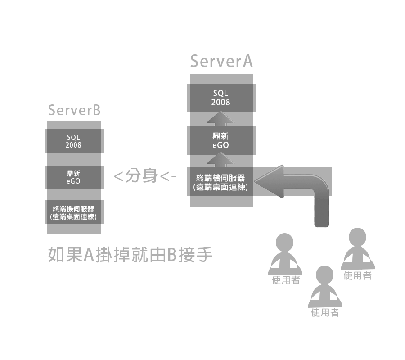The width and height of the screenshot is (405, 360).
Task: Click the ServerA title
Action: point(221,61)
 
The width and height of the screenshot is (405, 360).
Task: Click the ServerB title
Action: point(74,110)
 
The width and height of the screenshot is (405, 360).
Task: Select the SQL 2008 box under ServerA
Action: point(221,98)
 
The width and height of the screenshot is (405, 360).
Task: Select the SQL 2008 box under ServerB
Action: point(74,141)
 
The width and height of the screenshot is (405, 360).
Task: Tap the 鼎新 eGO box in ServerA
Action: point(221,140)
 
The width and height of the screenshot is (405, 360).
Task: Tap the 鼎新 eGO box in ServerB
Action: point(74,177)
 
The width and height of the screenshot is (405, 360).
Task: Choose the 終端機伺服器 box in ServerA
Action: point(221,182)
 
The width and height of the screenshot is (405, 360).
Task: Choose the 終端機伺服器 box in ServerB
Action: point(74,213)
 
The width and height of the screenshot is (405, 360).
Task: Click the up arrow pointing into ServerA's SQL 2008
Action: point(221,119)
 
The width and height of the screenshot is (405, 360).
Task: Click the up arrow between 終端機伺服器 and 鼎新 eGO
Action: point(221,159)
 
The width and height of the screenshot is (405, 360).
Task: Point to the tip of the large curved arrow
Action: point(257,182)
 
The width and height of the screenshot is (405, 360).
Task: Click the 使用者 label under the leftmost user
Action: point(286,280)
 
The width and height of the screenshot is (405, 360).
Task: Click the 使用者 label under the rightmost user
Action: point(357,276)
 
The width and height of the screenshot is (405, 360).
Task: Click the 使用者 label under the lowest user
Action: point(325,313)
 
